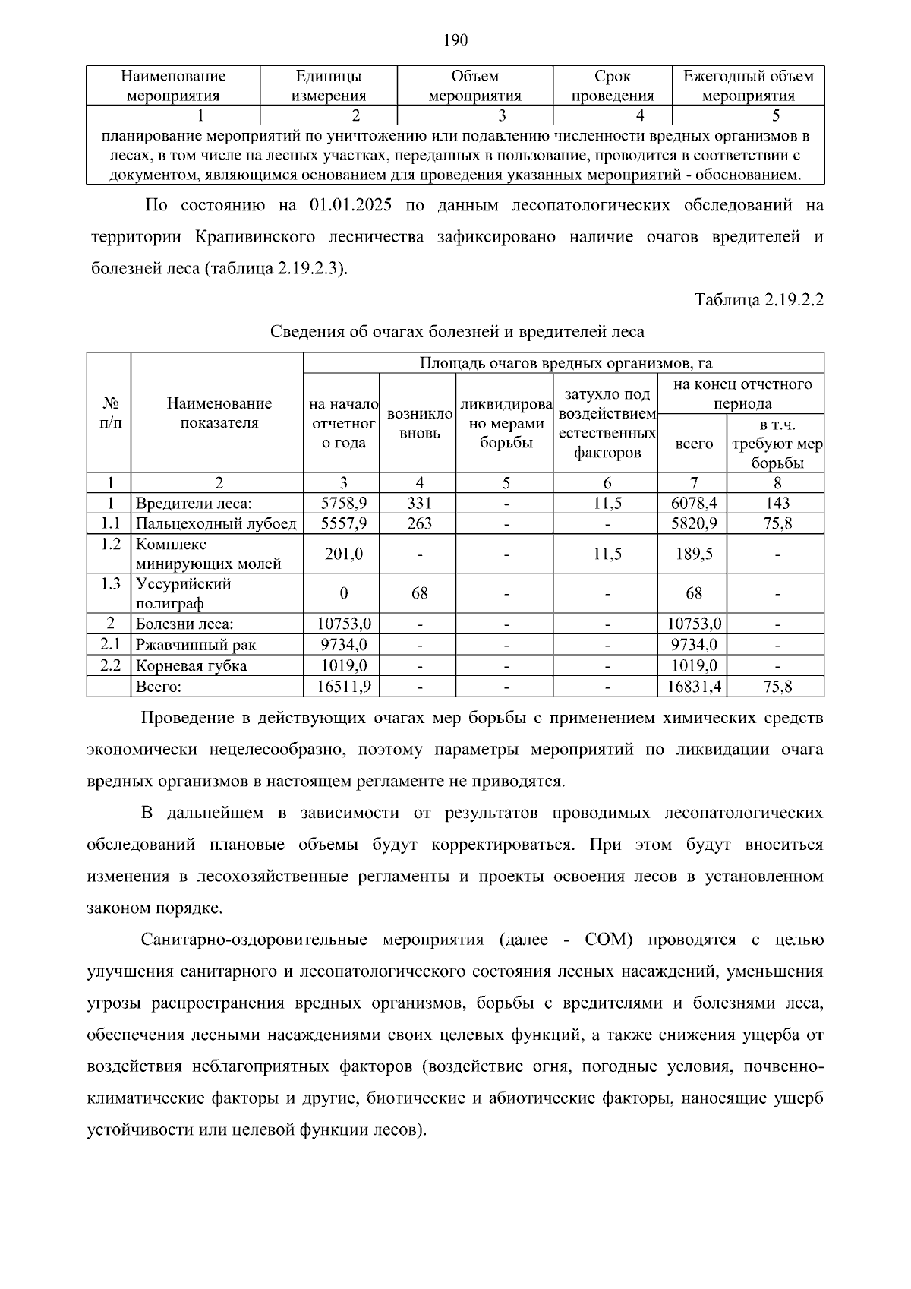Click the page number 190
[455, 39]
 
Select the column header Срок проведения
[612, 86]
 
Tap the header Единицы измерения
[328, 86]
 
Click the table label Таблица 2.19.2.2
[758, 300]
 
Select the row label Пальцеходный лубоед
[216, 523]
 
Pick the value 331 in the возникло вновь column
[419, 503]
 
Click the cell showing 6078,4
[692, 503]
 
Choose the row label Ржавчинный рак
[196, 645]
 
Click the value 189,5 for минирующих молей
[692, 554]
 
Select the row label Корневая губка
[191, 665]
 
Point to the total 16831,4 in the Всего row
[692, 687]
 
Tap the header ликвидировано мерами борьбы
[506, 424]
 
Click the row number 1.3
[110, 583]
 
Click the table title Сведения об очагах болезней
[457, 332]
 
